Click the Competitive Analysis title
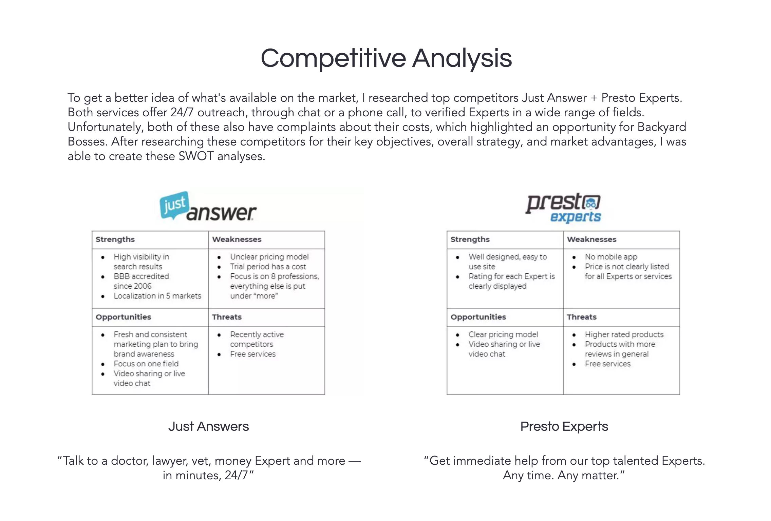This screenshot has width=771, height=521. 386,58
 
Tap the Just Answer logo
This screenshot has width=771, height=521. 208,206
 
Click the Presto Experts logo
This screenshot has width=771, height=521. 563,207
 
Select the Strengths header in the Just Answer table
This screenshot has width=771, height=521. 115,239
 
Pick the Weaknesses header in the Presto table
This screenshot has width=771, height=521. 591,239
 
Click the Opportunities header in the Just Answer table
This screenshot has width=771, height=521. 123,317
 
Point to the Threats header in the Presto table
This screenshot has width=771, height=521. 581,317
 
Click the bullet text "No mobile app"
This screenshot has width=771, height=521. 611,257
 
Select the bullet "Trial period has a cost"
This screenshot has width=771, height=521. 268,267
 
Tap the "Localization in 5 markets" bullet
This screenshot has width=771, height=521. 157,296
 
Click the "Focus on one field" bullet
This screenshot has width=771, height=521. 146,364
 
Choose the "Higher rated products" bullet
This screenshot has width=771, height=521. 624,334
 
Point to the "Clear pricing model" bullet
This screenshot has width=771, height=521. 503,334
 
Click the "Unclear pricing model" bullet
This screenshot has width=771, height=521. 269,257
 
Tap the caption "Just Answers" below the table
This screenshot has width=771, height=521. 208,426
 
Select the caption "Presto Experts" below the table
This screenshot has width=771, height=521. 564,426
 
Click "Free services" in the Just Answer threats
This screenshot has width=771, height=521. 253,354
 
